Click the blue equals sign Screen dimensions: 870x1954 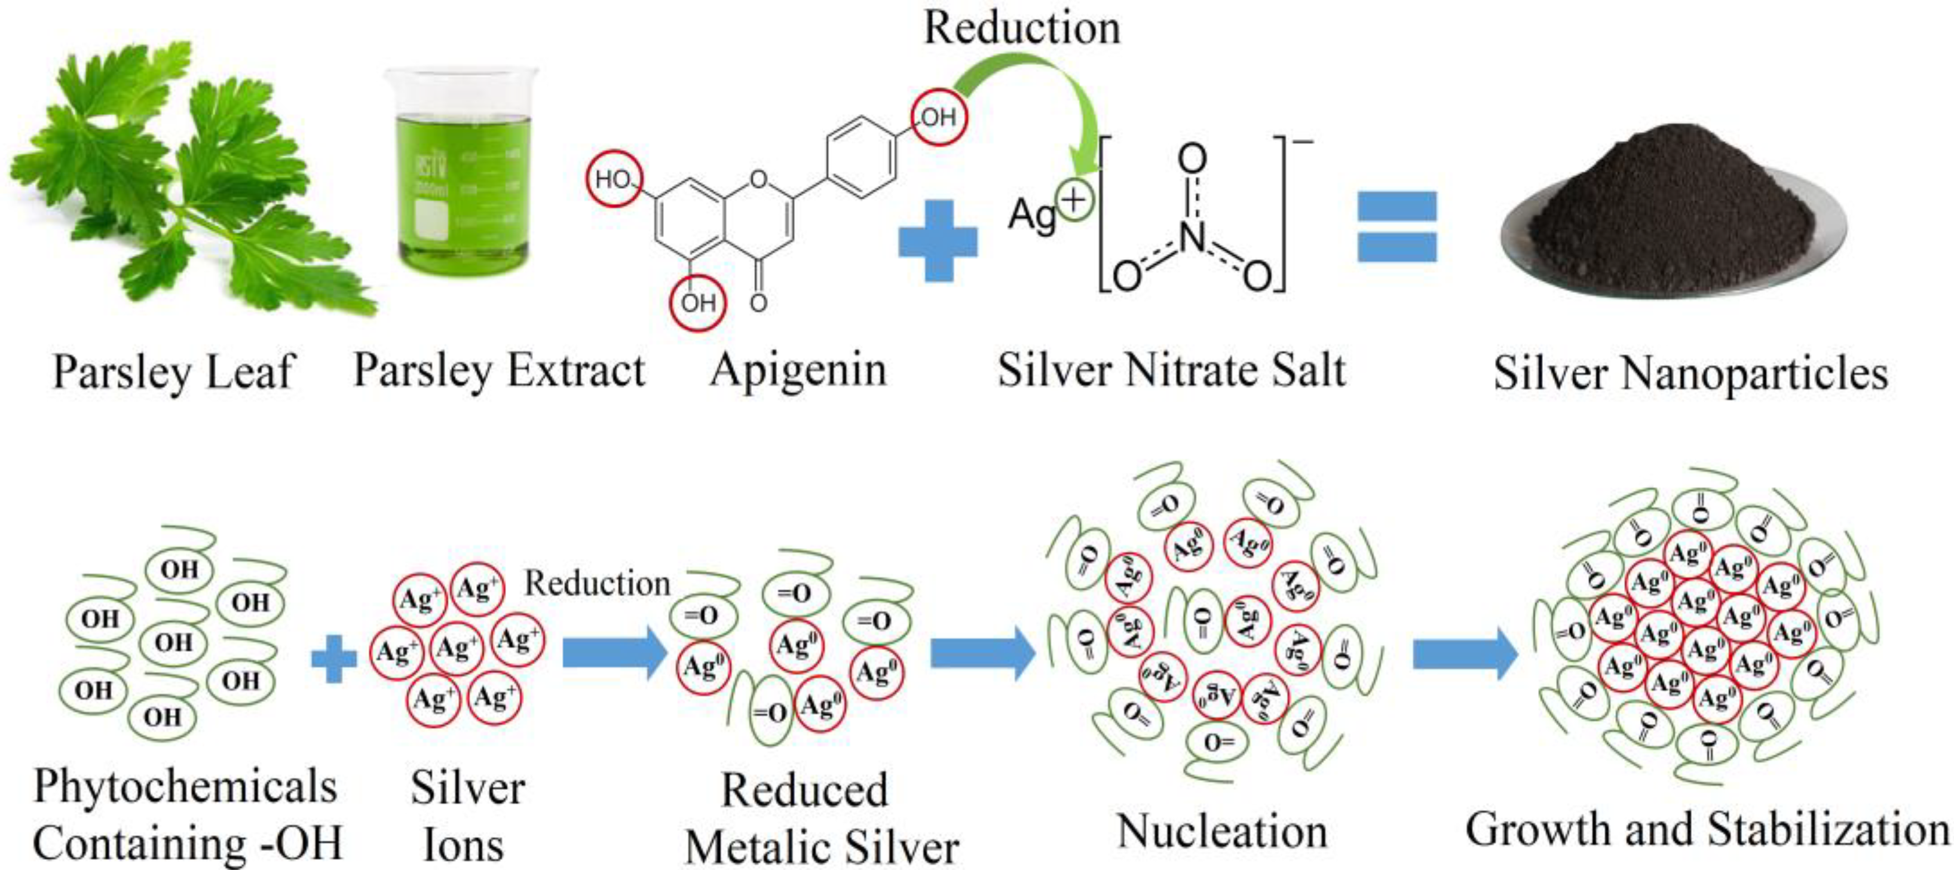(x=1396, y=226)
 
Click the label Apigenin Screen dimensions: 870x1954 (x=798, y=369)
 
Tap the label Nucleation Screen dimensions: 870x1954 (x=1222, y=831)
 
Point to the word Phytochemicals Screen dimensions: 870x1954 (x=185, y=786)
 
